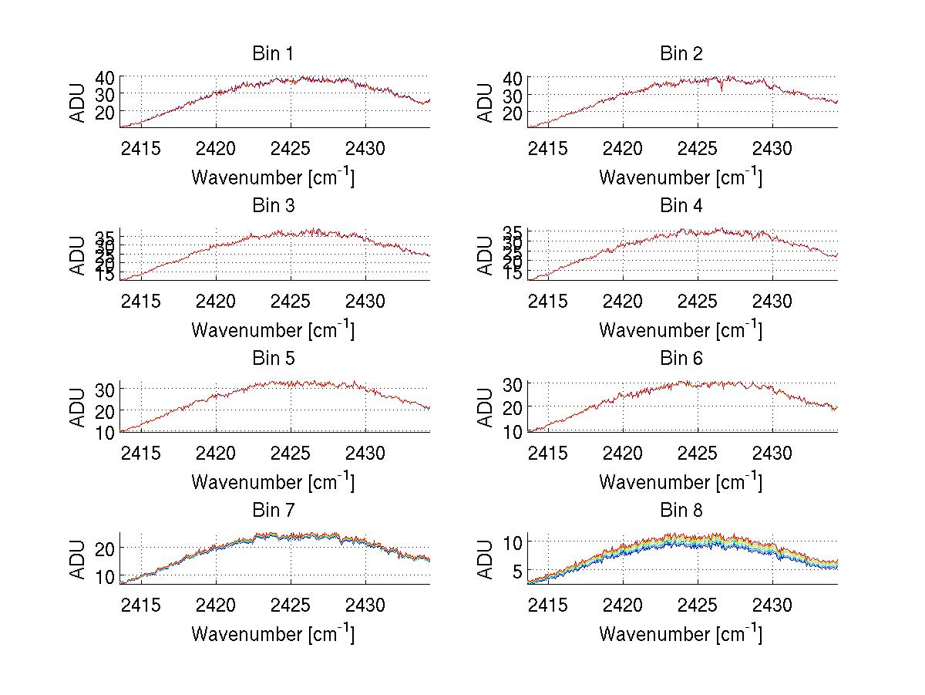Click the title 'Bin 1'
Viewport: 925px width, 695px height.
click(x=272, y=54)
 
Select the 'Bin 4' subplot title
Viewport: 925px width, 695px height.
click(x=681, y=206)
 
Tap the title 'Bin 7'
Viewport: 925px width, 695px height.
click(x=272, y=511)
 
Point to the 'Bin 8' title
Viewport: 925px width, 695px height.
click(x=681, y=511)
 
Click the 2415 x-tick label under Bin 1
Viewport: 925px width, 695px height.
click(x=141, y=147)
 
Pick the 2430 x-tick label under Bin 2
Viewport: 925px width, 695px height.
click(x=772, y=147)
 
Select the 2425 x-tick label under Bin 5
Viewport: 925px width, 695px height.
click(x=291, y=452)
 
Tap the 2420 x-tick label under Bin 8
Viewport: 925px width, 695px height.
click(x=623, y=604)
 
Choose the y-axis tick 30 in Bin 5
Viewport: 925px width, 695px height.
click(x=105, y=390)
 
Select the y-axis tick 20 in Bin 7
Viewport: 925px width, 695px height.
click(x=105, y=548)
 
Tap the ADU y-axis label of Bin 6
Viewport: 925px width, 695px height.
click(x=486, y=407)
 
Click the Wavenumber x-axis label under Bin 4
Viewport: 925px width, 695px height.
click(x=681, y=329)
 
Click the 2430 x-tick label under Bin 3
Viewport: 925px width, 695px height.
click(x=365, y=299)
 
